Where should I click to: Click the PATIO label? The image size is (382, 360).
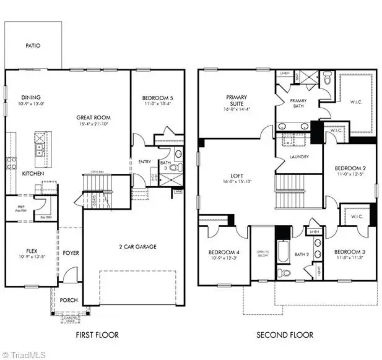coord(33,45)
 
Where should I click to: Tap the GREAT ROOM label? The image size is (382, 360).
coord(93,117)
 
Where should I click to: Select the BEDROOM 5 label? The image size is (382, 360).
coord(157,98)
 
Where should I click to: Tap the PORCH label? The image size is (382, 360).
coord(69,300)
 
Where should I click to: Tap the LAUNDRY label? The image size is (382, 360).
coord(299,156)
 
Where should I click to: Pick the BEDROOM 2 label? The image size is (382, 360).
coord(350,168)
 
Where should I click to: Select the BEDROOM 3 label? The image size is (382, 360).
coord(350,252)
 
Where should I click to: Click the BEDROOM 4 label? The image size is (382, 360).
coord(224,252)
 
